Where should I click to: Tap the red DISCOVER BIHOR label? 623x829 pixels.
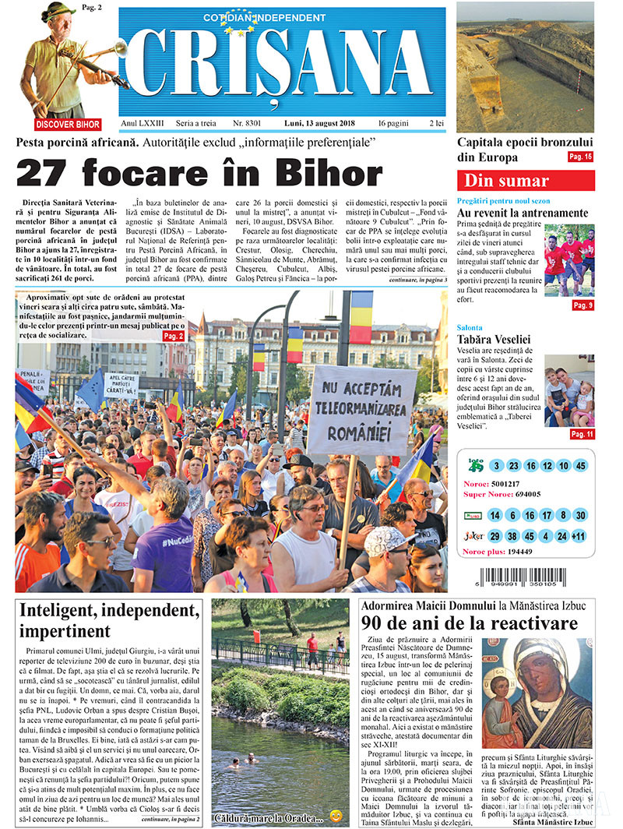(x=68, y=124)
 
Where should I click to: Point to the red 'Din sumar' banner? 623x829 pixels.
(x=526, y=181)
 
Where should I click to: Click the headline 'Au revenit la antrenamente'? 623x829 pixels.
(x=522, y=213)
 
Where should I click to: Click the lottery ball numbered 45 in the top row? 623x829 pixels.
(x=579, y=465)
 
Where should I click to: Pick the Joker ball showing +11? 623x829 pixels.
(x=579, y=536)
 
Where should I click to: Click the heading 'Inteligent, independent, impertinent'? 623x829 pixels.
(x=110, y=619)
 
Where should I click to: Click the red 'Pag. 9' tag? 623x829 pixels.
(x=582, y=305)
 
